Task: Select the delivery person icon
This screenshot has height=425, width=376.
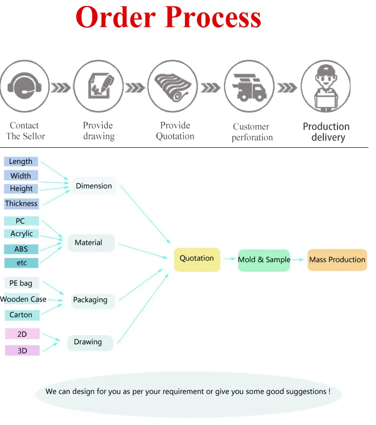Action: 325,86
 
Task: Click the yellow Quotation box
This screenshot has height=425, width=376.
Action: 197,259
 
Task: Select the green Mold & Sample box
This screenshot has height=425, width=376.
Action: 264,260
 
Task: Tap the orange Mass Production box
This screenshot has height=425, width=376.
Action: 337,260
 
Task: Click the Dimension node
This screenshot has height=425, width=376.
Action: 94,186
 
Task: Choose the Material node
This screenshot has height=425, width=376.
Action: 89,243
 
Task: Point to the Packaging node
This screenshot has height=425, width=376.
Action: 90,300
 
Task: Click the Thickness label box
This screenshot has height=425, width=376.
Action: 21,203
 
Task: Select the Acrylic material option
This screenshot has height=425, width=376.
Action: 22,234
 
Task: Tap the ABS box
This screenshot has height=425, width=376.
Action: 21,249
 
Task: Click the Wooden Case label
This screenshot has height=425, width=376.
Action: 23,299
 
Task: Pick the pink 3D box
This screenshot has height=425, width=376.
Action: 22,351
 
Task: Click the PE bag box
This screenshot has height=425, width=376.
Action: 21,283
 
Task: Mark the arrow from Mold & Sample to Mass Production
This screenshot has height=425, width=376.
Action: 298,260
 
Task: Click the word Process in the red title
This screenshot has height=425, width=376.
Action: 213,18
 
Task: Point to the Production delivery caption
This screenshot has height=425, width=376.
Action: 326,132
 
